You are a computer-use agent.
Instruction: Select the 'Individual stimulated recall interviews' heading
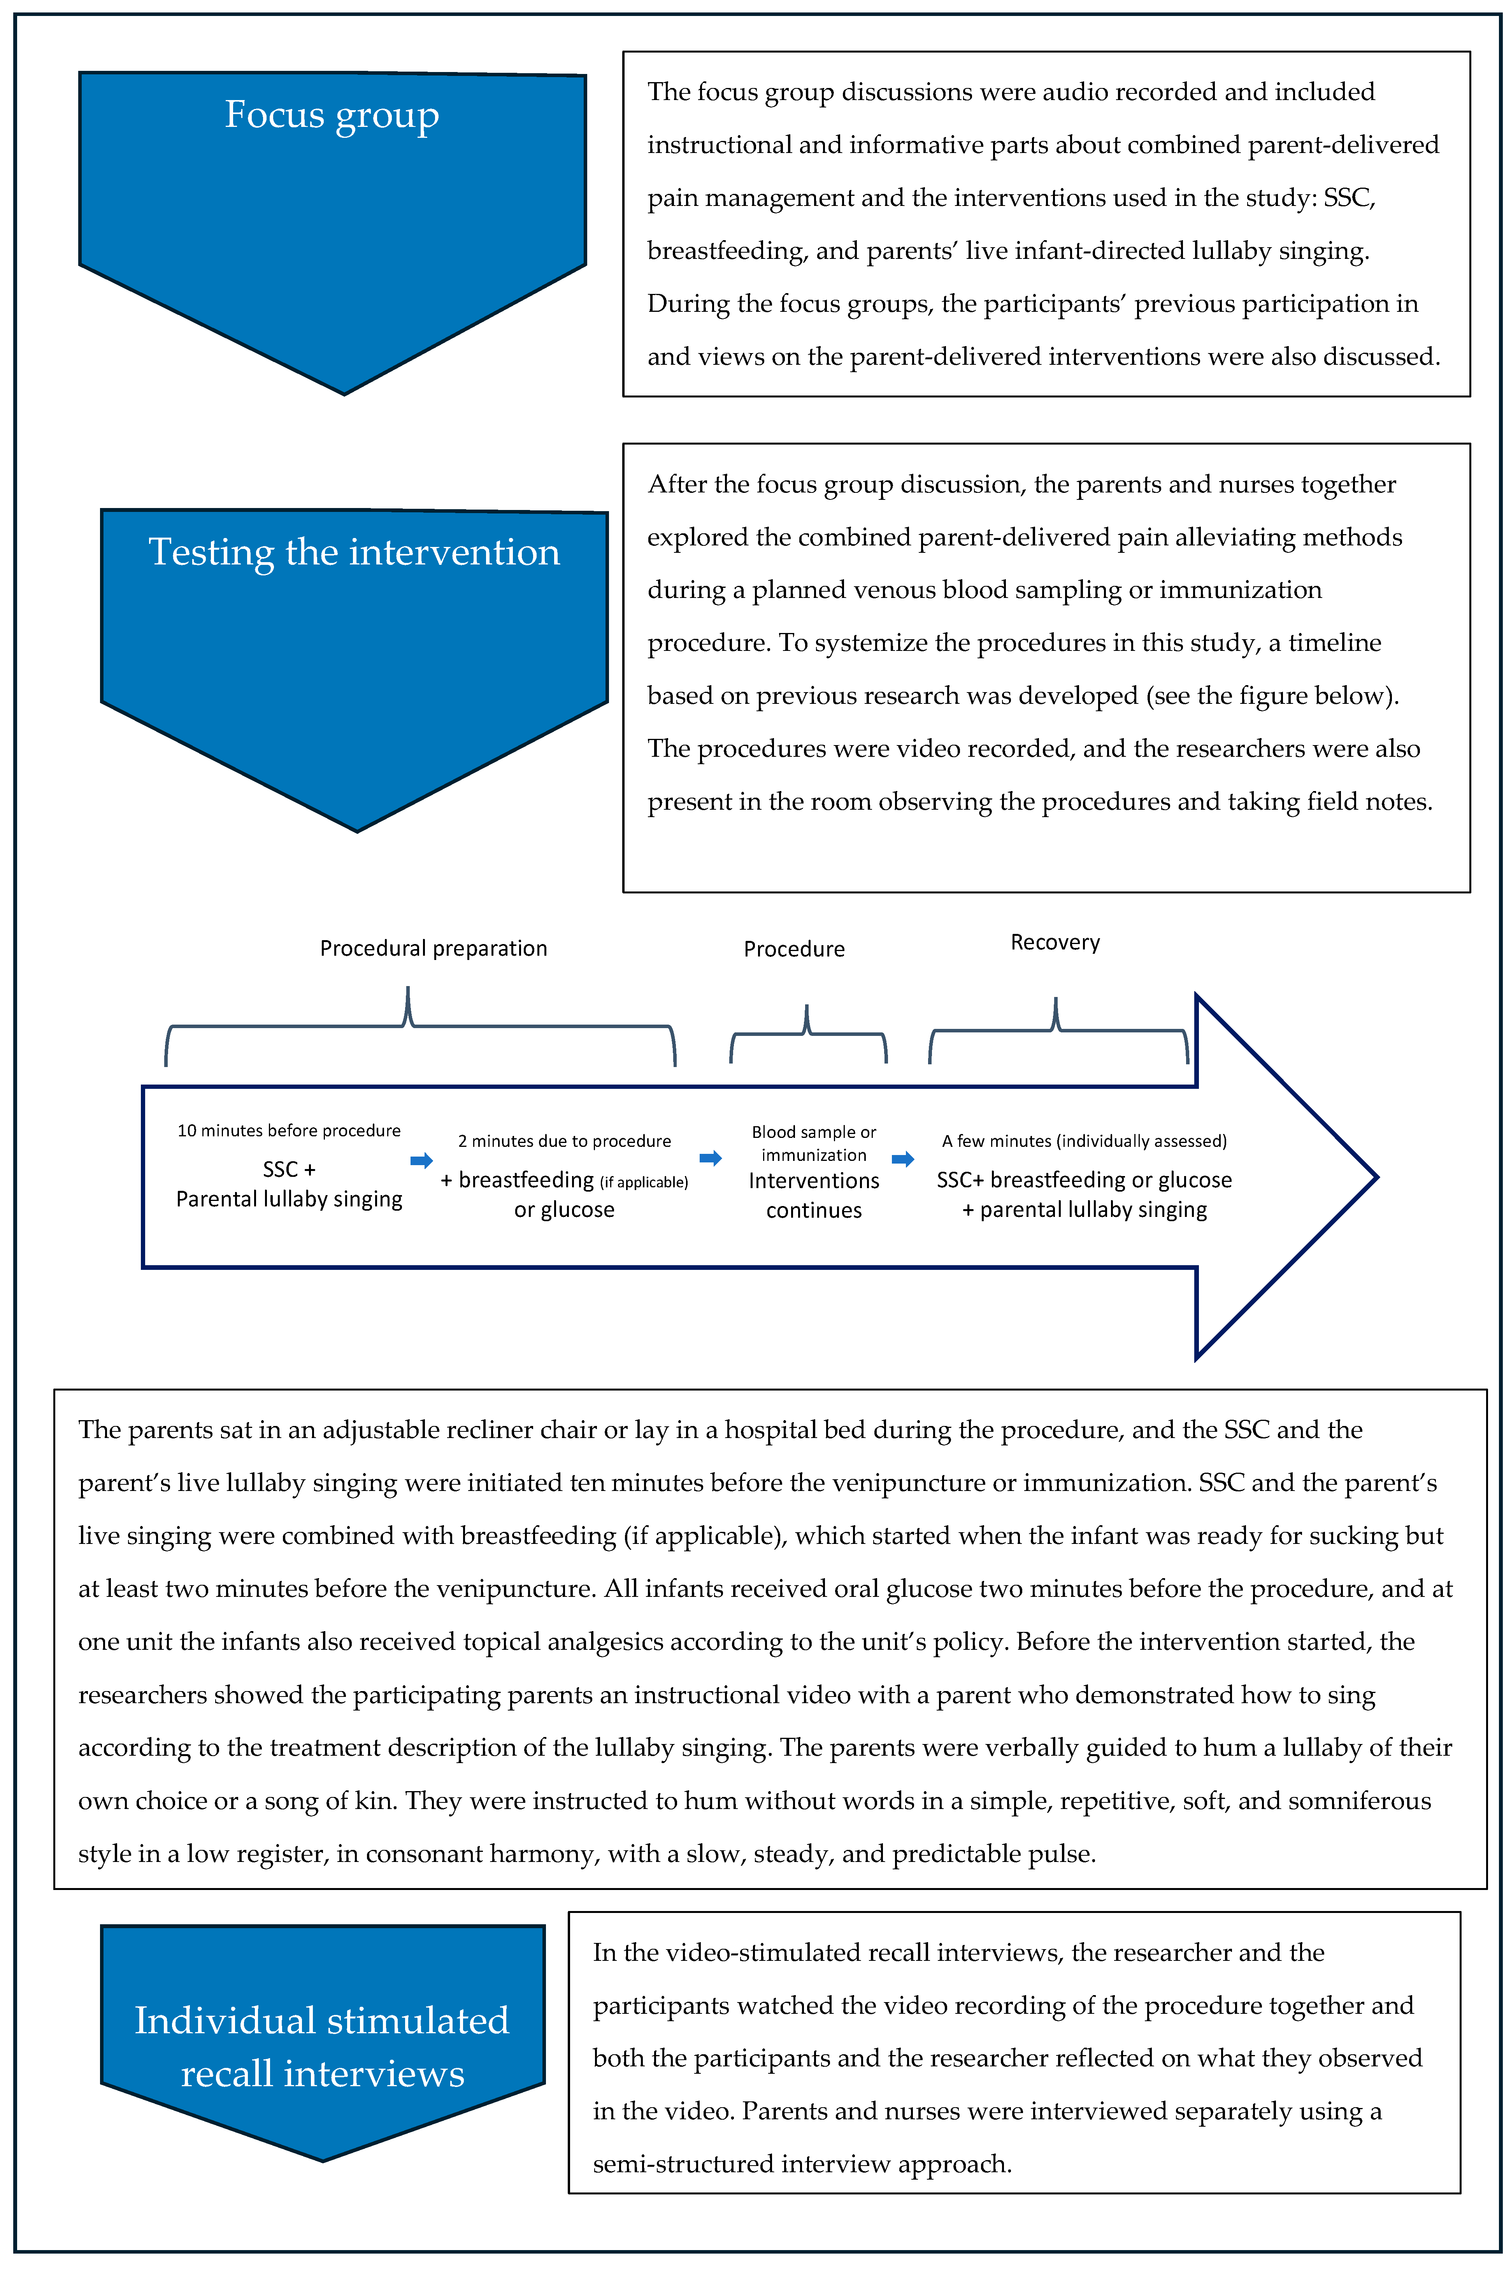point(322,2046)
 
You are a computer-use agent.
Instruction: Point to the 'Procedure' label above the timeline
point(794,949)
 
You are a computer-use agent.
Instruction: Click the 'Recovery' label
point(1055,943)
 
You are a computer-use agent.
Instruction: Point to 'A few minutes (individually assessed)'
point(1084,1141)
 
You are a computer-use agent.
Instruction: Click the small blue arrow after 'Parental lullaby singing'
point(421,1160)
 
